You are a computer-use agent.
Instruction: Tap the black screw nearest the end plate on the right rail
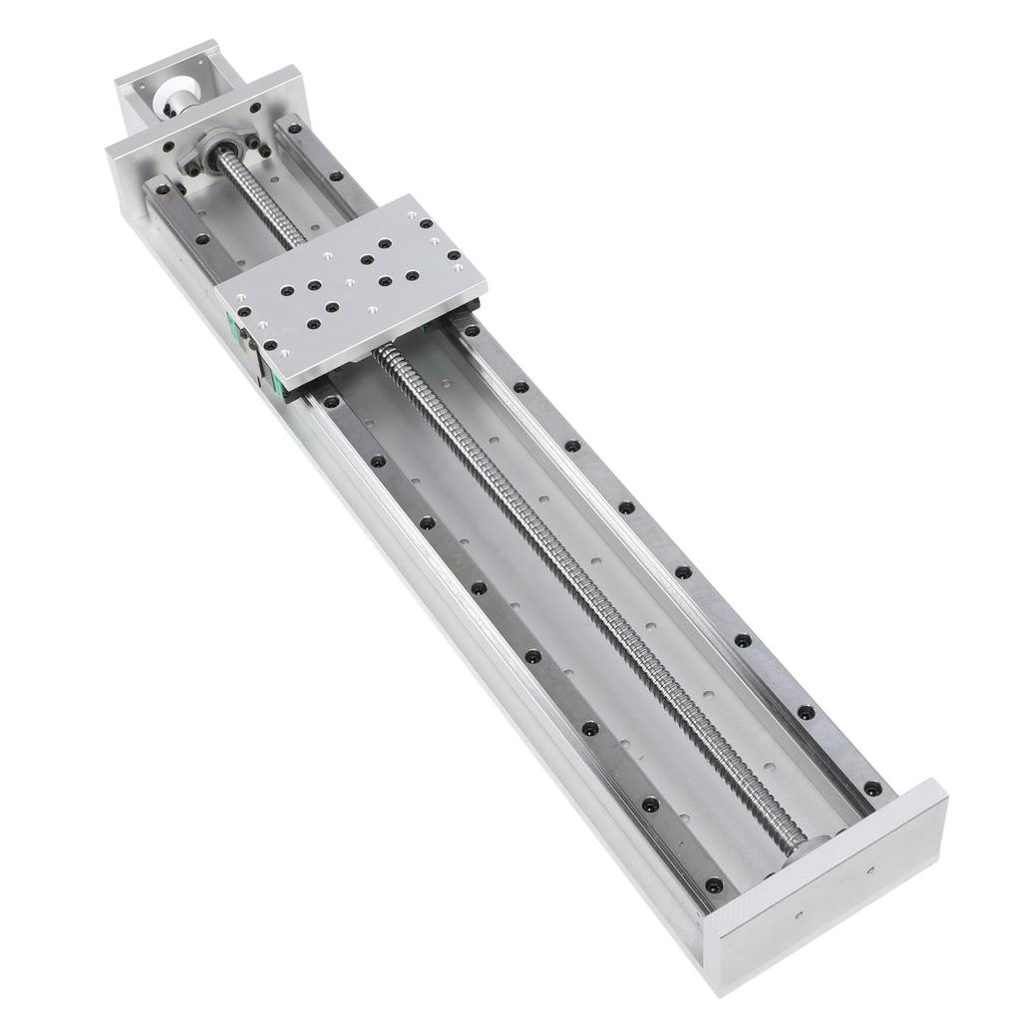click(x=872, y=788)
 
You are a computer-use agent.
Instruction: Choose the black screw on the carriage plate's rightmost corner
click(x=455, y=257)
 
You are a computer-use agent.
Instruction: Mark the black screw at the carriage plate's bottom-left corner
click(x=270, y=345)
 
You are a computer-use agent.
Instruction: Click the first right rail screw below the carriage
click(x=472, y=330)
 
